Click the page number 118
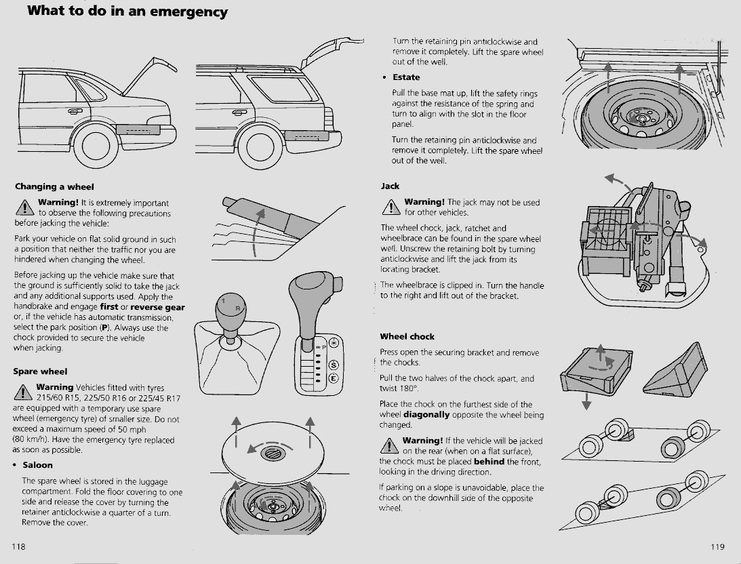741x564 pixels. [x=18, y=546]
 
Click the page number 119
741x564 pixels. [x=717, y=546]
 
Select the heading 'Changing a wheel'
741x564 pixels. [x=54, y=186]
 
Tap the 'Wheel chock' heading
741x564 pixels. [x=407, y=336]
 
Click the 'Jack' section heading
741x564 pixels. [x=390, y=186]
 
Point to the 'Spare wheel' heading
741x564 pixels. [x=40, y=371]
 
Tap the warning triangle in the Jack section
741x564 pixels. [x=390, y=206]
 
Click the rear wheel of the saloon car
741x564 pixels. [x=96, y=146]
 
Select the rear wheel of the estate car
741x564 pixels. [x=260, y=146]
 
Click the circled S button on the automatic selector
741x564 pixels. [x=334, y=365]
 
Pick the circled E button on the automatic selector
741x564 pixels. [x=334, y=378]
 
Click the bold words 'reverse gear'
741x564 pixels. [x=157, y=307]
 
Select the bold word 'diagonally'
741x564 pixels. [x=426, y=414]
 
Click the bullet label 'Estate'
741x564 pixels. [x=406, y=77]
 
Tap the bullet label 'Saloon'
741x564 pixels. [x=37, y=465]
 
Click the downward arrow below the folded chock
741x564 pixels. [x=586, y=401]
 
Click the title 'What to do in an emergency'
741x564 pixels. [x=127, y=11]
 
